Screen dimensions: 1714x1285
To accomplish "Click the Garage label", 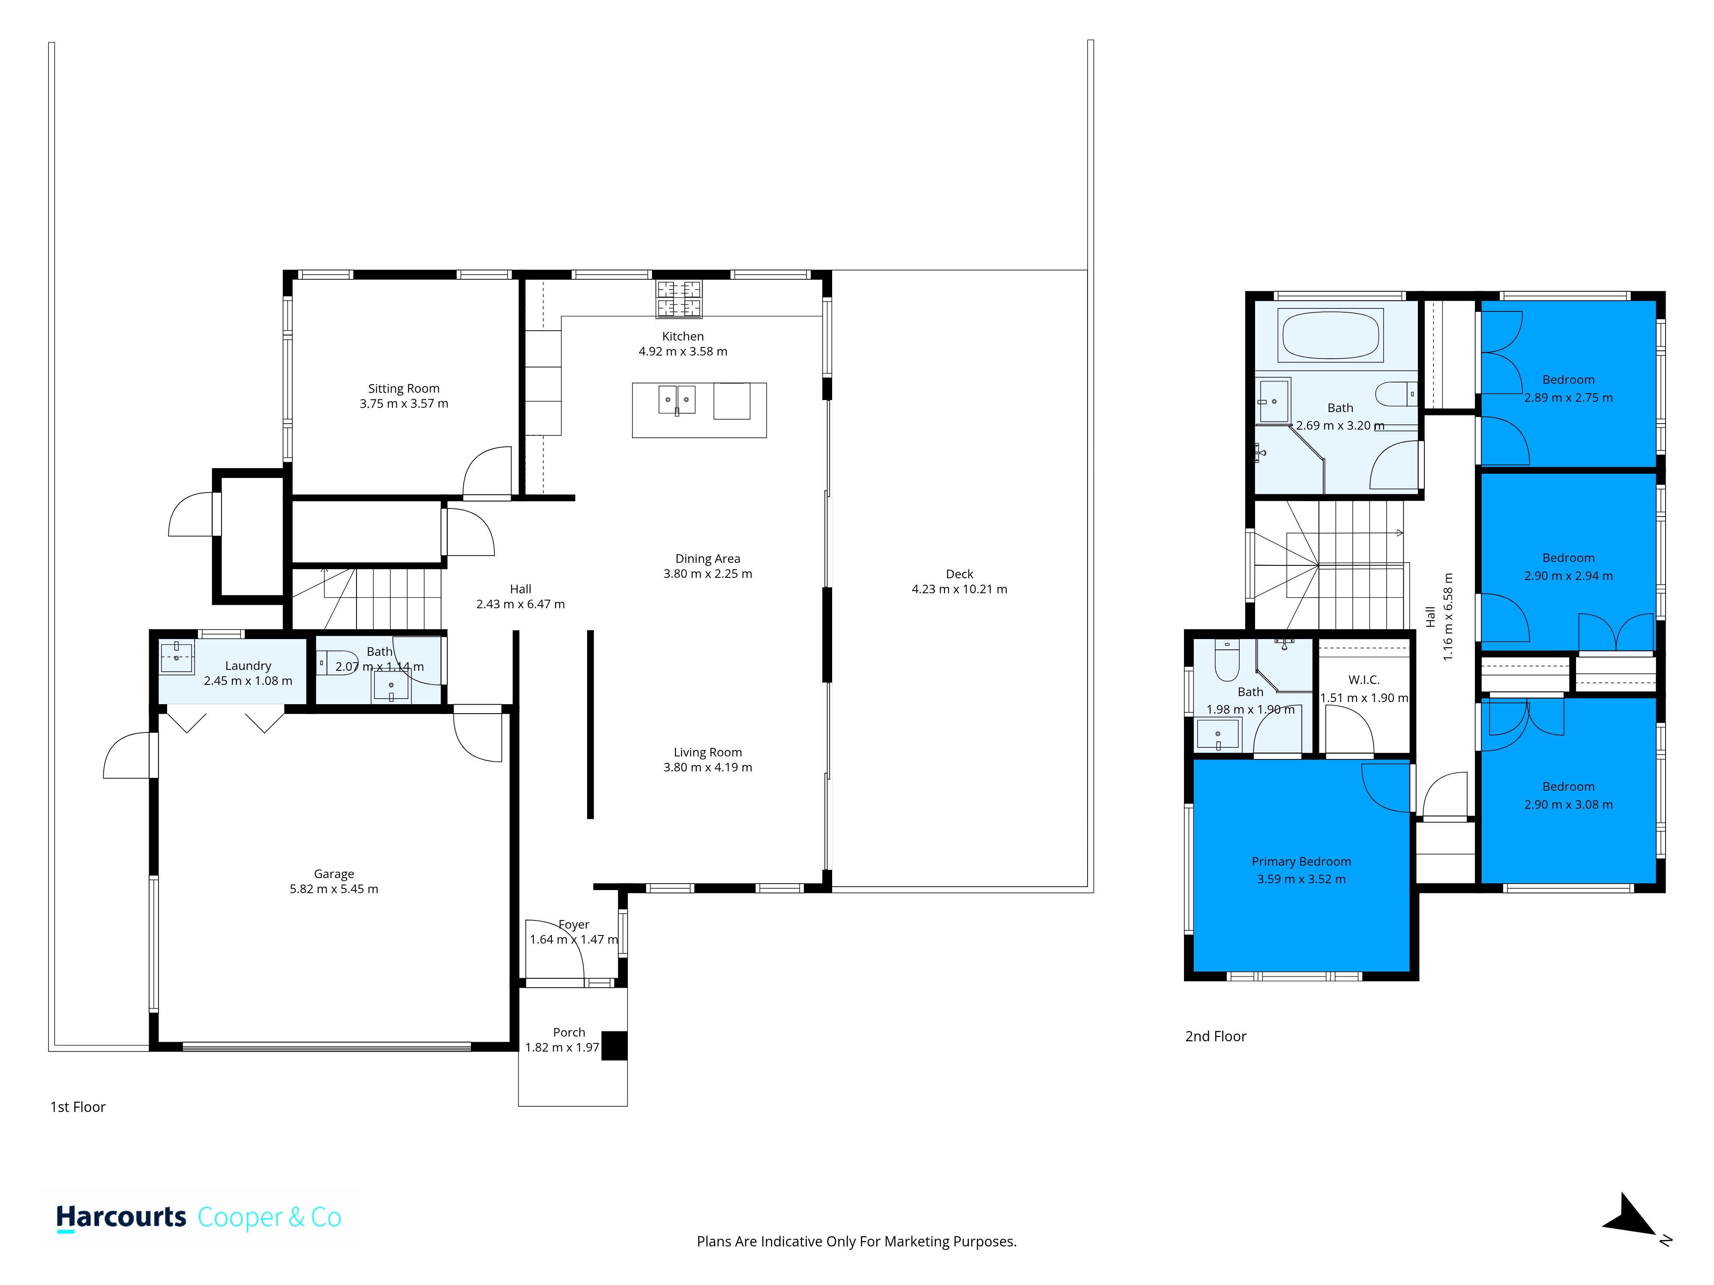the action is tap(334, 874).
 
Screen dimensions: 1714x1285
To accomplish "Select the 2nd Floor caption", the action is tap(1216, 1037).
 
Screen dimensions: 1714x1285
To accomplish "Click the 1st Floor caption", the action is tap(78, 1107).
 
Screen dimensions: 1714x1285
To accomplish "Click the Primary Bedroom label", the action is tap(1301, 861).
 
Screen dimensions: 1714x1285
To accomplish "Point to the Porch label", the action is tap(569, 1032).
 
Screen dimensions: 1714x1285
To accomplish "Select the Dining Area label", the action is tap(707, 559).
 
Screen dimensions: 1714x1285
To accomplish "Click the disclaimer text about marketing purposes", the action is tap(856, 1242).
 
